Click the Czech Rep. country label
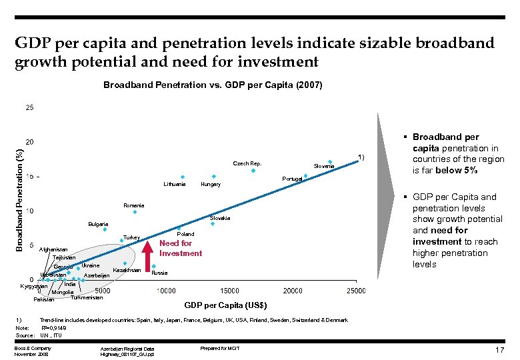247,163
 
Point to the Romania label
133,205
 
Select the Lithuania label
175,184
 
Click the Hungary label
211,184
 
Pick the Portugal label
292,179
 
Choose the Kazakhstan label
127,270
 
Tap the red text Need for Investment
180,248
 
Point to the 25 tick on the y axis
29,107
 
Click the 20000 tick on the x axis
293,291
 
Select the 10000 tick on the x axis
166,291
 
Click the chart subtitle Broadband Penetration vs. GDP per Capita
213,85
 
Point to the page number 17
499,350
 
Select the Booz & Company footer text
32,348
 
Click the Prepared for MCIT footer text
219,348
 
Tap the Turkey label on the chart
131,238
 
